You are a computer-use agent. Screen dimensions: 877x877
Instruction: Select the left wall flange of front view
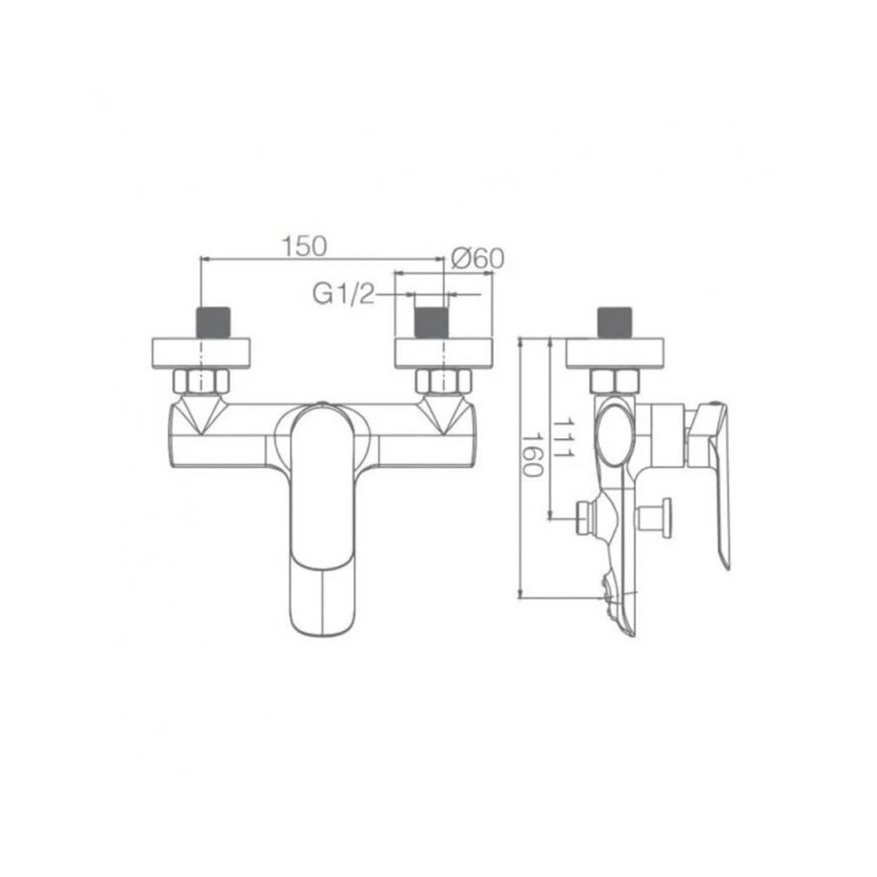click(202, 353)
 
